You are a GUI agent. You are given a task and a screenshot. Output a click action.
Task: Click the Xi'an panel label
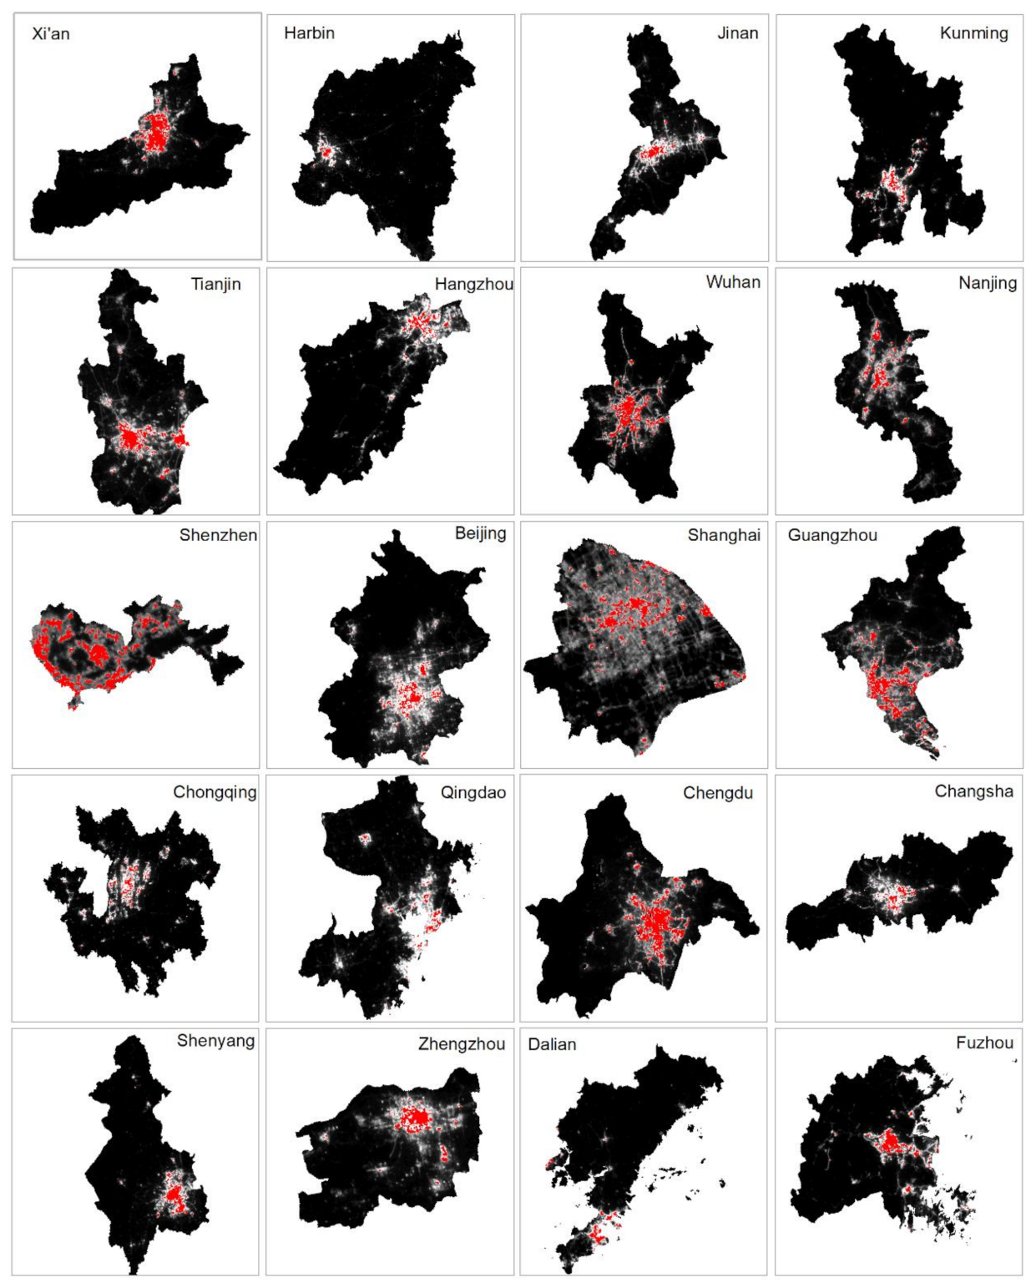pos(51,34)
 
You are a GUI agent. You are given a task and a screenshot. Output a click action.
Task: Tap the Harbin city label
pos(309,33)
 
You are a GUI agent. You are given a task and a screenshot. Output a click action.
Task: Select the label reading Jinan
pos(737,33)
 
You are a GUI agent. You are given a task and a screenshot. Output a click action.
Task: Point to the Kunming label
pos(973,33)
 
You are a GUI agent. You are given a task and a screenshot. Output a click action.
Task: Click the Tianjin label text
pos(215,284)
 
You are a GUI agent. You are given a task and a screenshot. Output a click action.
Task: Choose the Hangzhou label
pos(473,284)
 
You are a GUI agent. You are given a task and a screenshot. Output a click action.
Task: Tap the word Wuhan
pos(733,282)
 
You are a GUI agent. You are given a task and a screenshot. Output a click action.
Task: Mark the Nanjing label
pos(987,283)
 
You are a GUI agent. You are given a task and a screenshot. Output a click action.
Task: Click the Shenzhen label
pos(218,535)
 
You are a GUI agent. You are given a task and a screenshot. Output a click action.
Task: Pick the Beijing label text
pos(480,533)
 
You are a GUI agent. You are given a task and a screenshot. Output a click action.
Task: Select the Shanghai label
pos(724,535)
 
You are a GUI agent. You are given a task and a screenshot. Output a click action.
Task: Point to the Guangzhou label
pos(832,535)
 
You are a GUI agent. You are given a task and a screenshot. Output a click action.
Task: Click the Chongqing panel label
pos(215,792)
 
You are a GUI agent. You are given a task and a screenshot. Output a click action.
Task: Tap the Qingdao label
pos(473,792)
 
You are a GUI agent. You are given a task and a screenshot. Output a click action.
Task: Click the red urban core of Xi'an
pos(155,134)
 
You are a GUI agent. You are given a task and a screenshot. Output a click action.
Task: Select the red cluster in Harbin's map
pos(324,153)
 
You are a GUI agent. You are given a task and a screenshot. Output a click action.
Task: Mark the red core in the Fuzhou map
pos(892,1142)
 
